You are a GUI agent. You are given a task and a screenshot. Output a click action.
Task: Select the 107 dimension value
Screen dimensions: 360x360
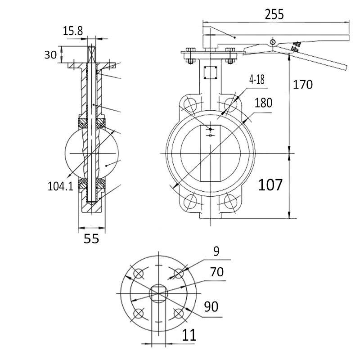270,184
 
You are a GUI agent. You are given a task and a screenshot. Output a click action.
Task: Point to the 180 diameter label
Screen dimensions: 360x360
263,103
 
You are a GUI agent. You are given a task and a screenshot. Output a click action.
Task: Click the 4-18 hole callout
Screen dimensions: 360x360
257,80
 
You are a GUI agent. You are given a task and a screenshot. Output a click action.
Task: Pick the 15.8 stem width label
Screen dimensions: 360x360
72,31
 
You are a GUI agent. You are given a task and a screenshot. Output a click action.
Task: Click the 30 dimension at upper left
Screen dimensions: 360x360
50,55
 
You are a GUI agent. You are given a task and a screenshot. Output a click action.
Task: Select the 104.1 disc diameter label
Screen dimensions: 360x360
60,186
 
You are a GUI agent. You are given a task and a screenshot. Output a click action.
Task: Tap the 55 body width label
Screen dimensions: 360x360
91,238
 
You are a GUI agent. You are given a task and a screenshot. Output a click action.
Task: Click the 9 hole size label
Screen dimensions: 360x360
216,252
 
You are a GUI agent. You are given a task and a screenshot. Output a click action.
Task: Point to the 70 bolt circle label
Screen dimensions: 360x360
216,272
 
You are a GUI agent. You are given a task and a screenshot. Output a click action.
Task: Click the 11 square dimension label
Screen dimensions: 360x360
190,334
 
